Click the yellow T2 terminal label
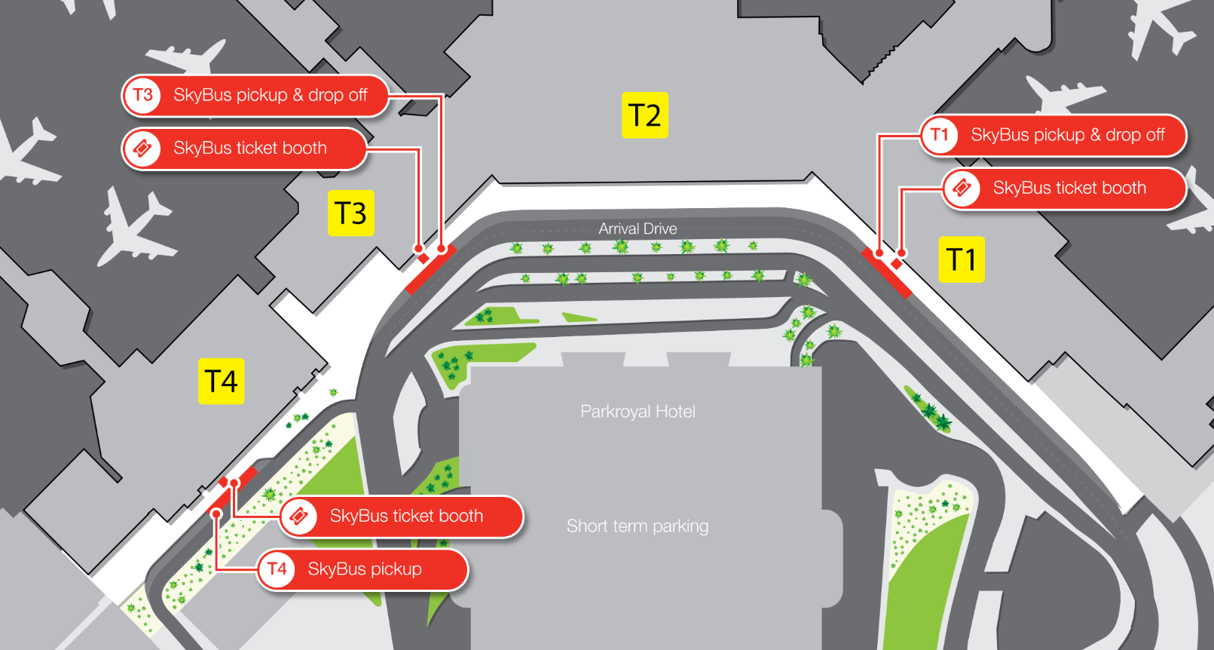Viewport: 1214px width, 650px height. (x=644, y=115)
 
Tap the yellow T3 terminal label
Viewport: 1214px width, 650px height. (x=350, y=213)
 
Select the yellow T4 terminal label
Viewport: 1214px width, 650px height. (x=221, y=382)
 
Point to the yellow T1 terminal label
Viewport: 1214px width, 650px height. (x=961, y=260)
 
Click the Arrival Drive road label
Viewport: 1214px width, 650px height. (x=638, y=228)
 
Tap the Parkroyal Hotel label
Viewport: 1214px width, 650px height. (x=638, y=412)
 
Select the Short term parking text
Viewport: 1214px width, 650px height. (x=638, y=526)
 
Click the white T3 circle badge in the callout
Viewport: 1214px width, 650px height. (x=142, y=95)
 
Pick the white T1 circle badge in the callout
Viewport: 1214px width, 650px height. (x=939, y=135)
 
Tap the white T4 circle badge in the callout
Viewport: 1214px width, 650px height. (x=277, y=569)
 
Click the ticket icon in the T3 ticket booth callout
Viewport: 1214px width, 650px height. (x=142, y=148)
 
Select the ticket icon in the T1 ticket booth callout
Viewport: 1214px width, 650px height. (x=962, y=188)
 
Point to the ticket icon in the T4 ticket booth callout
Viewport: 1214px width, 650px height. (x=299, y=517)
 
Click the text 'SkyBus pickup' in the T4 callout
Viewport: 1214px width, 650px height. (x=365, y=569)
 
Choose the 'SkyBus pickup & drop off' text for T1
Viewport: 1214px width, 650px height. (x=1067, y=135)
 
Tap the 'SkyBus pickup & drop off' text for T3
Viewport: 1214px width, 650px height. (x=270, y=95)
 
